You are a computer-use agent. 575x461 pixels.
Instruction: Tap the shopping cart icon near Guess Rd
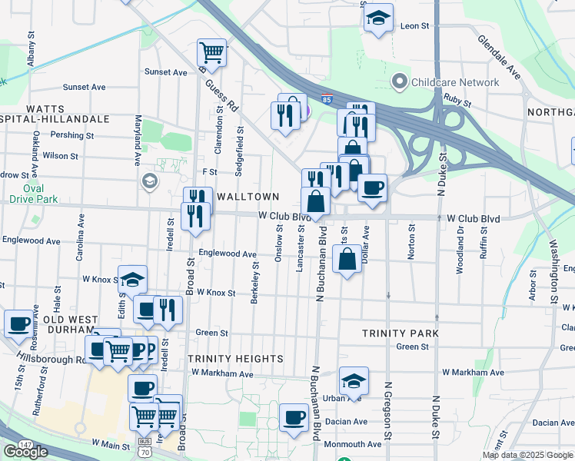point(211,53)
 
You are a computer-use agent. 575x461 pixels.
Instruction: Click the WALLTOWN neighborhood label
point(247,197)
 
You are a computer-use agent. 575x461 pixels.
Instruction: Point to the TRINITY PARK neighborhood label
point(401,333)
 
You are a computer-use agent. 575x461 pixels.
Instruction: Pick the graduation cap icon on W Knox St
point(132,280)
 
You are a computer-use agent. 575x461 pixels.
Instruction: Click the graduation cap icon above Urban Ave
point(354,380)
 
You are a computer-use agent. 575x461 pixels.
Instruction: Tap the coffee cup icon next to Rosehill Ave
point(18,323)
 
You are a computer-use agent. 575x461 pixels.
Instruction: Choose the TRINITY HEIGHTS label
point(235,359)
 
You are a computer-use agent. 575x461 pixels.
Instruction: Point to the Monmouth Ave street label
point(353,444)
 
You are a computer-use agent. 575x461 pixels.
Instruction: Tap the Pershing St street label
point(71,135)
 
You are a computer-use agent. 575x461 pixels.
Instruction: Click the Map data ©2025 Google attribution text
point(527,455)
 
